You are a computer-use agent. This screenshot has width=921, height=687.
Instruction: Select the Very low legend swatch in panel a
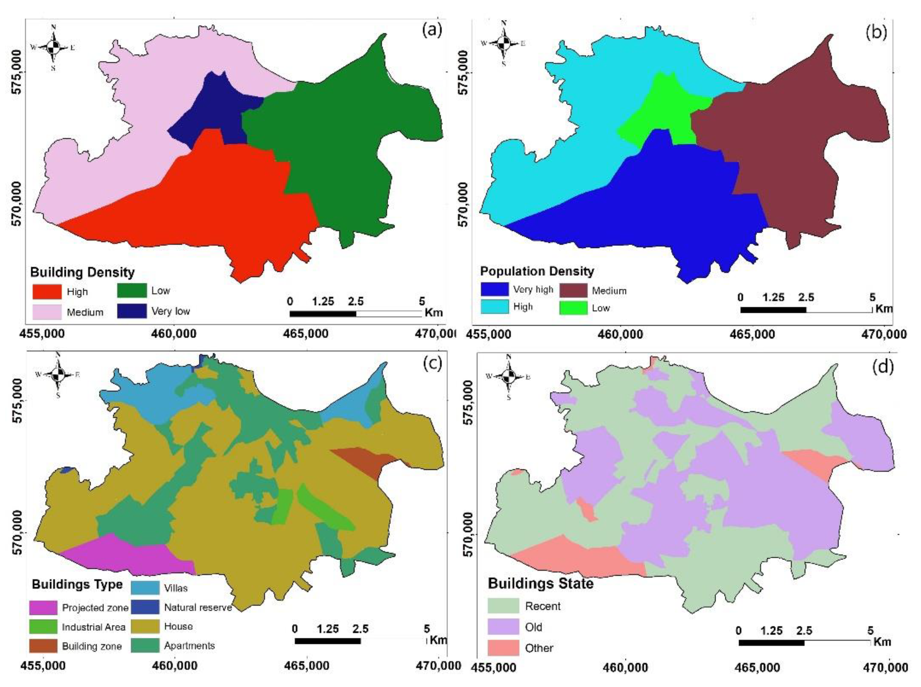click(x=131, y=311)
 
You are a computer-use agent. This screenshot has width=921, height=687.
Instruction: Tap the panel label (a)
click(x=431, y=30)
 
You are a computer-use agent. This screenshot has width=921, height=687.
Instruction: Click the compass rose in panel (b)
click(x=504, y=43)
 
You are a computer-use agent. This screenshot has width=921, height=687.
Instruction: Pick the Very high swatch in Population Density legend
click(x=494, y=289)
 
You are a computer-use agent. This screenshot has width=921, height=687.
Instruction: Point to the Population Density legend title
click(x=537, y=271)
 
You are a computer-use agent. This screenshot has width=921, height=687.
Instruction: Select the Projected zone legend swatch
click(x=43, y=608)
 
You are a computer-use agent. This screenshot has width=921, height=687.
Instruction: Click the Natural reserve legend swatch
click(x=145, y=607)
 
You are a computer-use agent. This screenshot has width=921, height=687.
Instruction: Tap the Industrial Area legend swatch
click(x=43, y=626)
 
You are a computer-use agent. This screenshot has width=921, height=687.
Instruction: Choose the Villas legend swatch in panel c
click(x=145, y=587)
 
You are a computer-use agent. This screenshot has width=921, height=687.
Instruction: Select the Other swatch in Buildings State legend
click(x=503, y=648)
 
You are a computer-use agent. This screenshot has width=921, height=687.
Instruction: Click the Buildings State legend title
click(x=540, y=583)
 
